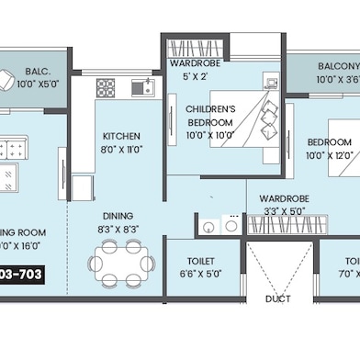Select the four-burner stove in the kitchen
pyautogui.click(x=106, y=88)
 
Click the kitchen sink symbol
pyautogui.click(x=141, y=88)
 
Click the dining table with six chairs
pyautogui.click(x=121, y=263)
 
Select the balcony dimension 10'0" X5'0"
pyautogui.click(x=36, y=84)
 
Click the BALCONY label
pyautogui.click(x=338, y=66)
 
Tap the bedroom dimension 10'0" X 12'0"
pyautogui.click(x=329, y=156)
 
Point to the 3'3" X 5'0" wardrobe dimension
pyautogui.click(x=284, y=210)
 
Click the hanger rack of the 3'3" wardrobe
pyautogui.click(x=219, y=224)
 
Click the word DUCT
pyautogui.click(x=278, y=299)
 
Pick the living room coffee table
pyautogui.click(x=13, y=148)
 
